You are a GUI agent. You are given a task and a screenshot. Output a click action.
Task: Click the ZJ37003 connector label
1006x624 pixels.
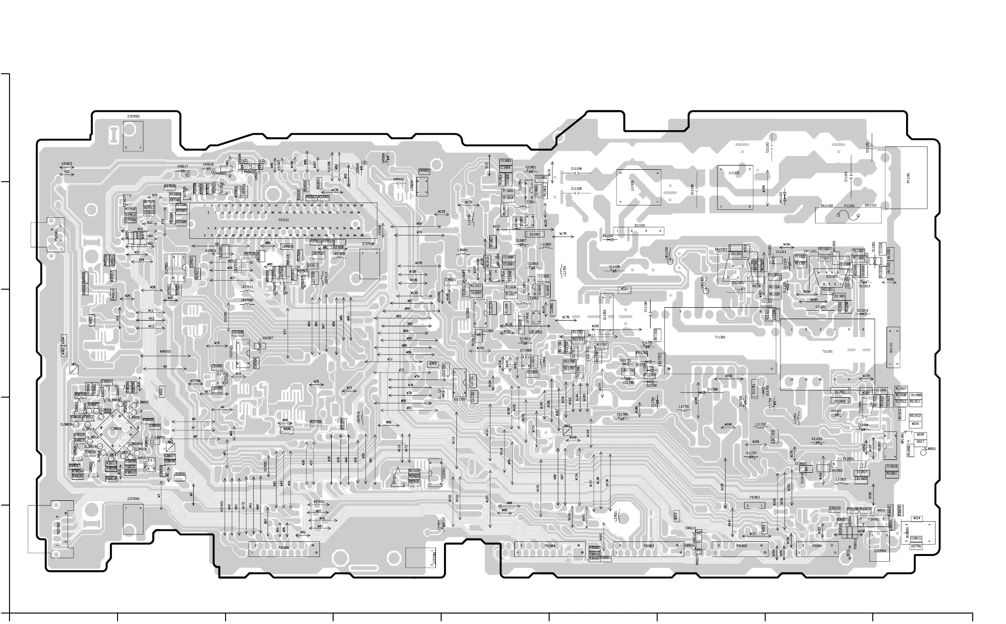pos(133,117)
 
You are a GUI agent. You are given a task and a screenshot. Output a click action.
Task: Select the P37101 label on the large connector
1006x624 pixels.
pos(284,220)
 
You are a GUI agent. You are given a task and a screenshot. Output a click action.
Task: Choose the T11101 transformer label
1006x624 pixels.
pos(828,351)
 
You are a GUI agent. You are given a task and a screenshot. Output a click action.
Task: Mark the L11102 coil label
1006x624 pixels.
pos(632,185)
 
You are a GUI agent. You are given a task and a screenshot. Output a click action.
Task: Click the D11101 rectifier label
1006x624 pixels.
pos(640,225)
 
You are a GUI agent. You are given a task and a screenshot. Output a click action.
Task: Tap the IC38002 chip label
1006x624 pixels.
pos(116,429)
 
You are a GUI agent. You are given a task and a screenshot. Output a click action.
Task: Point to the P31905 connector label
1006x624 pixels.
pos(284,547)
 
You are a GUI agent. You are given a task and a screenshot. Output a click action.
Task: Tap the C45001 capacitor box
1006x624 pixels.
pos(424,171)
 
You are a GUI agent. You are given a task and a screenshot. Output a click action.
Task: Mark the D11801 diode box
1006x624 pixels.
pos(535,234)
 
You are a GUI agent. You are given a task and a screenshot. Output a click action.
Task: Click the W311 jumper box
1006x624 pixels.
pos(624,289)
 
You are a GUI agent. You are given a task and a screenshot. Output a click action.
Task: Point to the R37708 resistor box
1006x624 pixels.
pos(316,422)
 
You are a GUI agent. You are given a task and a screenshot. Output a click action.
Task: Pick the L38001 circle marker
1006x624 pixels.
pos(924,452)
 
